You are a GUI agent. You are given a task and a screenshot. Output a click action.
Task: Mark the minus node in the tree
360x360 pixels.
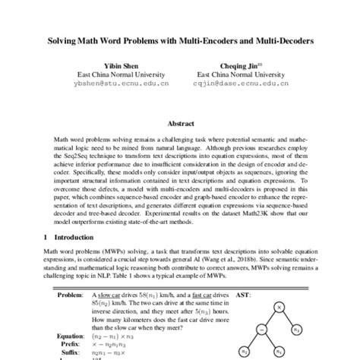[x=261, y=328]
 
